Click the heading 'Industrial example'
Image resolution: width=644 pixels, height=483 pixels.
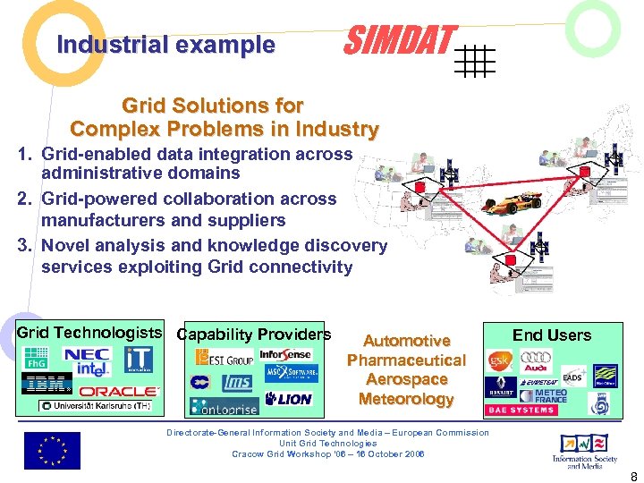[x=165, y=45]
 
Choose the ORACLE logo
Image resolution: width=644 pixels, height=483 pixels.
[x=119, y=391]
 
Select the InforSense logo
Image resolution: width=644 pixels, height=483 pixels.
[x=284, y=354]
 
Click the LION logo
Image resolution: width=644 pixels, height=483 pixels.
[x=289, y=399]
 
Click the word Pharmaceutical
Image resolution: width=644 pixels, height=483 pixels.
[x=406, y=360]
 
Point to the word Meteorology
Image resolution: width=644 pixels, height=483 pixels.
[x=406, y=399]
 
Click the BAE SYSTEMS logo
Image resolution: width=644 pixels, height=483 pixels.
[x=521, y=411]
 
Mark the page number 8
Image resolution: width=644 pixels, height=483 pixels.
[x=633, y=475]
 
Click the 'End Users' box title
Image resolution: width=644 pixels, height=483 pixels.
[x=551, y=335]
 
